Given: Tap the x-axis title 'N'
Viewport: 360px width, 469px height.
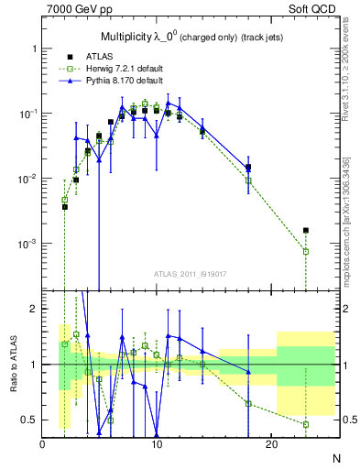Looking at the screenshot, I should [336, 459].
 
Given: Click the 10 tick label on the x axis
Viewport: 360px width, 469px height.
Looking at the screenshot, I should [158, 444].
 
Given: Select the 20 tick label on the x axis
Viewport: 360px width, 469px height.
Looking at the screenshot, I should [271, 444].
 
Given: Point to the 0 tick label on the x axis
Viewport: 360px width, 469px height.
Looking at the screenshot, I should [42, 444].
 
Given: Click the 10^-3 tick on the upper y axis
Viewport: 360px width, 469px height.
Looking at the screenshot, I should [26, 245].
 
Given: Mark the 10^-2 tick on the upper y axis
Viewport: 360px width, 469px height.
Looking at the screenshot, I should [26, 180].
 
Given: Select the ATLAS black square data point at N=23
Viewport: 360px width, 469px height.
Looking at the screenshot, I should [306, 231].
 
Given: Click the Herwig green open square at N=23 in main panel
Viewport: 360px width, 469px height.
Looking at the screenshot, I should [306, 251].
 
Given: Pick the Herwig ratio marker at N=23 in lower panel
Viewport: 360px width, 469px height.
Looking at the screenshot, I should [306, 424].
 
